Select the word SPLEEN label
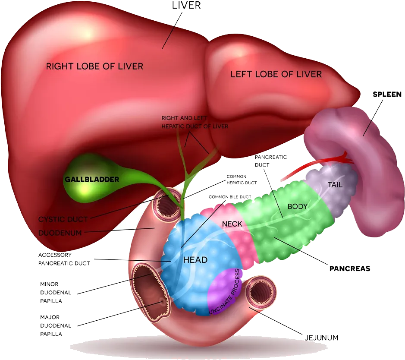(387, 95)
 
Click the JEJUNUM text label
(322, 338)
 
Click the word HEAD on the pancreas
(195, 260)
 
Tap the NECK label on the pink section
(232, 224)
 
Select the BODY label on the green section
(298, 206)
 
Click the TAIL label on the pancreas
(335, 185)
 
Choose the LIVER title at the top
(186, 5)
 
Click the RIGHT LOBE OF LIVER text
(94, 66)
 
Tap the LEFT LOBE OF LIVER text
(276, 74)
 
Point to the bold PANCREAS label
(350, 268)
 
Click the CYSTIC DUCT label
(63, 219)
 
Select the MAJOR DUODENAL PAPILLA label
(56, 325)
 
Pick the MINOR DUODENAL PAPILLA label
(56, 293)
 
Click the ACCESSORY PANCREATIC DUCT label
(64, 259)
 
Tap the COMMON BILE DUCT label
(230, 197)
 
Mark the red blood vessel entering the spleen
(318, 165)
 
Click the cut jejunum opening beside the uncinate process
(260, 292)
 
